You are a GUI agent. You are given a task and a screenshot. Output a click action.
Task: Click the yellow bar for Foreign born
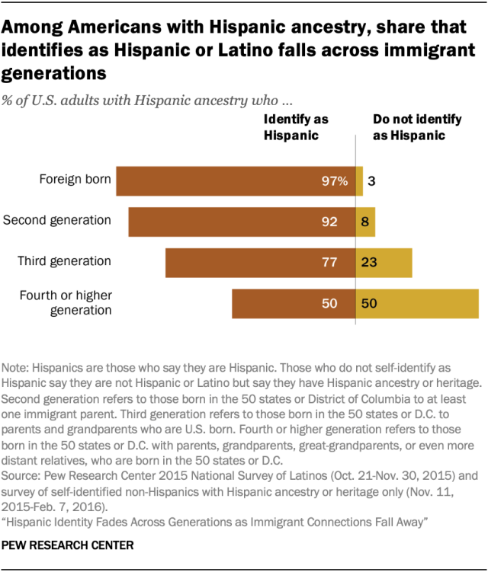[360, 181]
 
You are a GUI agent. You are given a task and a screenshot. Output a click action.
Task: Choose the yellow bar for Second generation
[365, 222]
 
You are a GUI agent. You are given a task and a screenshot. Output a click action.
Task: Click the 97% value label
[335, 181]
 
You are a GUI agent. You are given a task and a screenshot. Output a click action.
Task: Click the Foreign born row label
[75, 181]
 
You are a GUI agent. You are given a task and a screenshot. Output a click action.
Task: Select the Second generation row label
[57, 221]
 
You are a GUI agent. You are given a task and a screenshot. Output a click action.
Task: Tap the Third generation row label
[64, 261]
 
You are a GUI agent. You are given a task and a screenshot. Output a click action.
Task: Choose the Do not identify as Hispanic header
[408, 126]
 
